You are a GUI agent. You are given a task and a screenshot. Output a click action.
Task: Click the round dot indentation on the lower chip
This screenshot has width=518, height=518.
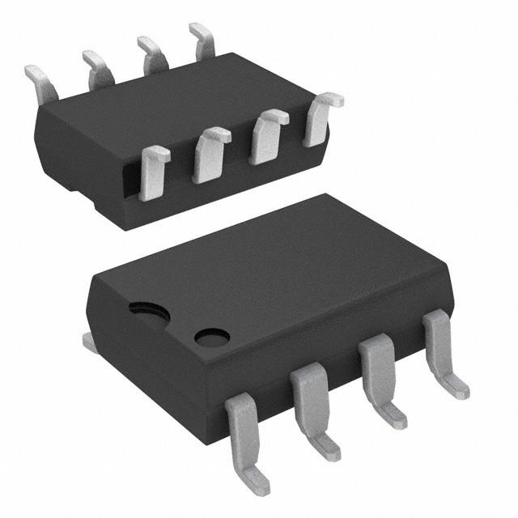click(212, 337)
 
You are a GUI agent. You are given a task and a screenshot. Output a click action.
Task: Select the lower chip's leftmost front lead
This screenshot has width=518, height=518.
click(244, 437)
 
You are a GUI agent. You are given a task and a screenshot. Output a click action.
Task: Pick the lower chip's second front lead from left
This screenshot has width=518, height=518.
click(310, 405)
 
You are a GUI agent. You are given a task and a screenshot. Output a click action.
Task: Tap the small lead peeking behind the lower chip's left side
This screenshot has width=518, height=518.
click(90, 342)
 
